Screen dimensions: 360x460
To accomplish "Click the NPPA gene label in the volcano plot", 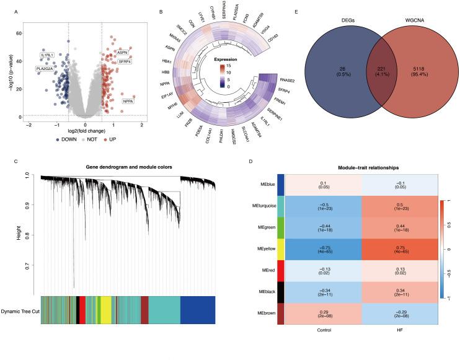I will [x=128, y=100].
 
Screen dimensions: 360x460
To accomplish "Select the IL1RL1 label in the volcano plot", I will [x=46, y=55].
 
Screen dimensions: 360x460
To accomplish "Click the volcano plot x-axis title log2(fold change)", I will [x=85, y=132].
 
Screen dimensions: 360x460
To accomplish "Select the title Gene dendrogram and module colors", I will [x=126, y=168].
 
